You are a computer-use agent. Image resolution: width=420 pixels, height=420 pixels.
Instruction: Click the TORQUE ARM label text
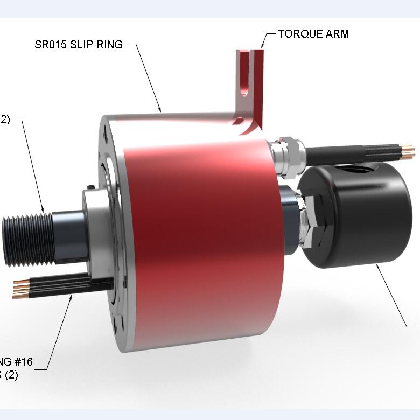pyautogui.click(x=313, y=34)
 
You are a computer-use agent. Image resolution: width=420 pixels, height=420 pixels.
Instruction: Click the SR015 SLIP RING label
pyautogui.click(x=79, y=44)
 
